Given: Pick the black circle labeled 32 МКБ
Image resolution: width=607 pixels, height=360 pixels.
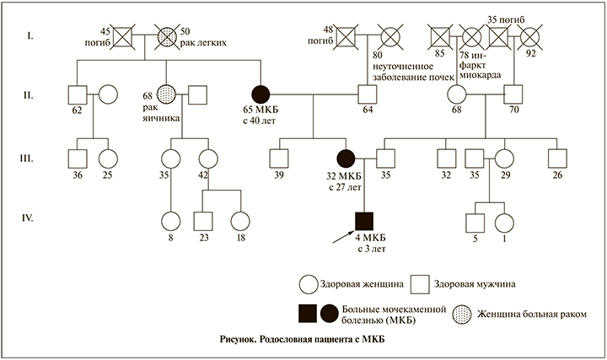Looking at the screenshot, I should (346, 157).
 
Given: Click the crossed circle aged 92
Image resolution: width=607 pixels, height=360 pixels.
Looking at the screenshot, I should (531, 37).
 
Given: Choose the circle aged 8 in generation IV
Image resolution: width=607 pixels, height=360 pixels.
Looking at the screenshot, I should (170, 221).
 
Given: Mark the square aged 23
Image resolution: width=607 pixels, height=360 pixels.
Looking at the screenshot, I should (204, 221).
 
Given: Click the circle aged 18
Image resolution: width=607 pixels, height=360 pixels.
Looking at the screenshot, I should (240, 221).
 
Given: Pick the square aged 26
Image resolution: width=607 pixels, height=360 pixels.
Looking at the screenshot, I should (556, 157).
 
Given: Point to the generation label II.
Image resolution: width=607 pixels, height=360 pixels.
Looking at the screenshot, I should (27, 94).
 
